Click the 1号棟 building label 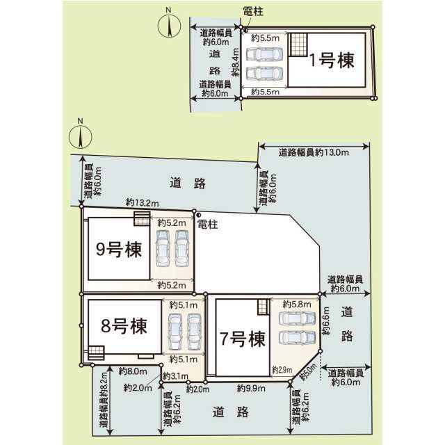(x=332, y=61)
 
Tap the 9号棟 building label (x=119, y=250)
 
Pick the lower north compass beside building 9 (x=81, y=136)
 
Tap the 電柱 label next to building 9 (x=207, y=225)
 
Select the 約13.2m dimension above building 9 (x=142, y=202)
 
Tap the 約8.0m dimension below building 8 (x=131, y=371)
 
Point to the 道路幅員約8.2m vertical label (x=103, y=407)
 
